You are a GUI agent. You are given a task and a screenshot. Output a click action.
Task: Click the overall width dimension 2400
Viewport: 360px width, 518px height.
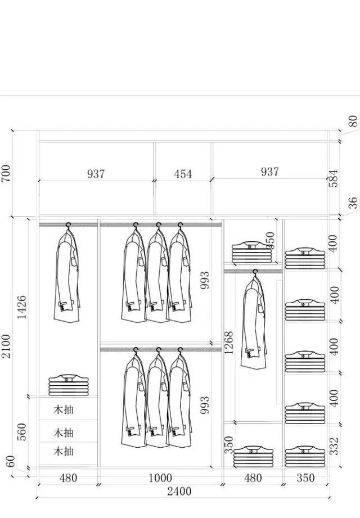179,491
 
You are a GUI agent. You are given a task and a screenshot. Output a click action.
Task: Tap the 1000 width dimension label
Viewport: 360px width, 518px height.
160,478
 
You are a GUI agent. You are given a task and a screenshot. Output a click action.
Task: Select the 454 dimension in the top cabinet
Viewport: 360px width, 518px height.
183,174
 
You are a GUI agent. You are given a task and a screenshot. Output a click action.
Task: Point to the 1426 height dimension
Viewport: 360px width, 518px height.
22,307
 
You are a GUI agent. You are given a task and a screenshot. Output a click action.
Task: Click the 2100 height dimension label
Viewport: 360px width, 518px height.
6,346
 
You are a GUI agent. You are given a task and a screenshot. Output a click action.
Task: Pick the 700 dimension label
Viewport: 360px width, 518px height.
6,173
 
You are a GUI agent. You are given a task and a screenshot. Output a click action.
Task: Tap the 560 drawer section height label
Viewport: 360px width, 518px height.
22,431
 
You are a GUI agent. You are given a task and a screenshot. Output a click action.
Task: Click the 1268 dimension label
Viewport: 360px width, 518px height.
228,343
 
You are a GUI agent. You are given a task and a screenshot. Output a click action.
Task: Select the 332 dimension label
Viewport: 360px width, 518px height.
334,446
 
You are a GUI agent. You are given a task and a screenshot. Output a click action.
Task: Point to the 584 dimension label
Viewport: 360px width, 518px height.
334,178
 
